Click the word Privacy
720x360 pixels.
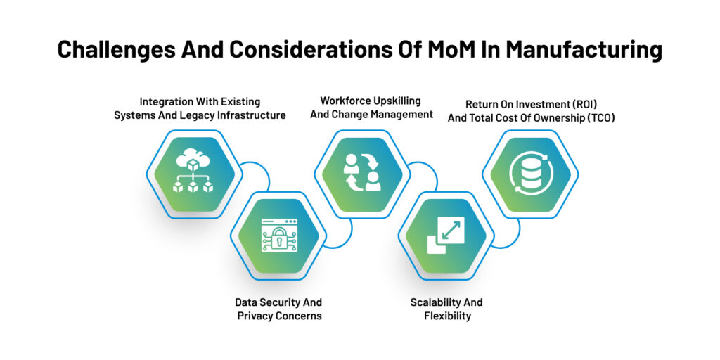256,316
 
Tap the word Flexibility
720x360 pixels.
447,316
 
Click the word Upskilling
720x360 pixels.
401,101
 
